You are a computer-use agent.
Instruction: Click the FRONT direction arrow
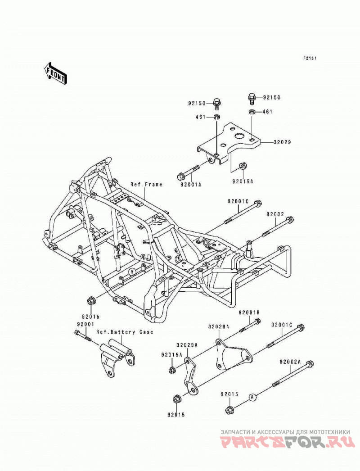click(x=56, y=73)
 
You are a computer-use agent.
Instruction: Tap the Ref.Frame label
click(x=146, y=185)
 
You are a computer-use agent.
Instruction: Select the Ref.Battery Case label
click(x=125, y=332)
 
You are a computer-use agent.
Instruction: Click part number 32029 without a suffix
click(x=282, y=142)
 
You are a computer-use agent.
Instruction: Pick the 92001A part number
click(x=191, y=185)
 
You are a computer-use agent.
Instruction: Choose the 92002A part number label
click(x=290, y=362)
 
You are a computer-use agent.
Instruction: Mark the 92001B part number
click(x=249, y=312)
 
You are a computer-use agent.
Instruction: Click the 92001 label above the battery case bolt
click(x=85, y=324)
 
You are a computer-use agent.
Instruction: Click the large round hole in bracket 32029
click(x=240, y=136)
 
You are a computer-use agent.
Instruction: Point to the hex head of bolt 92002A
click(x=310, y=364)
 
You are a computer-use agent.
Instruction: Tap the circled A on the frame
click(x=131, y=272)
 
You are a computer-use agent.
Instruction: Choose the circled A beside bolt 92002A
click(x=252, y=397)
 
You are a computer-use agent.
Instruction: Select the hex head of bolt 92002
click(x=290, y=220)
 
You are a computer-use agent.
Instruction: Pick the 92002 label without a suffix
click(x=275, y=214)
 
